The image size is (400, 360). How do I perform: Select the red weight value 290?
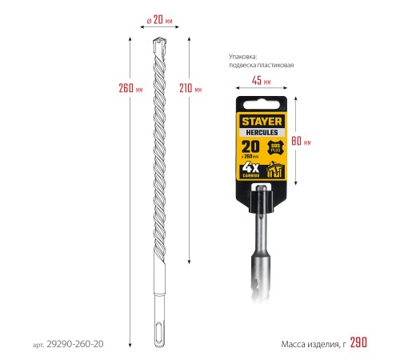coord(358,342)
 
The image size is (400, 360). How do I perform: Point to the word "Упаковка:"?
coord(245,55)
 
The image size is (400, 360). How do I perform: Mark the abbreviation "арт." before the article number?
coord(38,344)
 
